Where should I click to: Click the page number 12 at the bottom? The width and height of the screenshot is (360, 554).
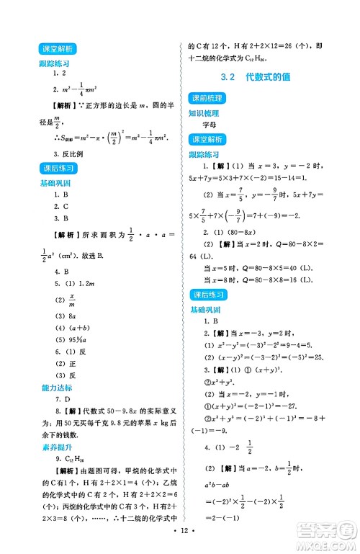tap(180, 540)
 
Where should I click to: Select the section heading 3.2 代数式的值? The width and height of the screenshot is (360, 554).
tap(260, 76)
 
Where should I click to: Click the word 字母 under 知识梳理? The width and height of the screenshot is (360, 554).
tap(209, 125)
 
